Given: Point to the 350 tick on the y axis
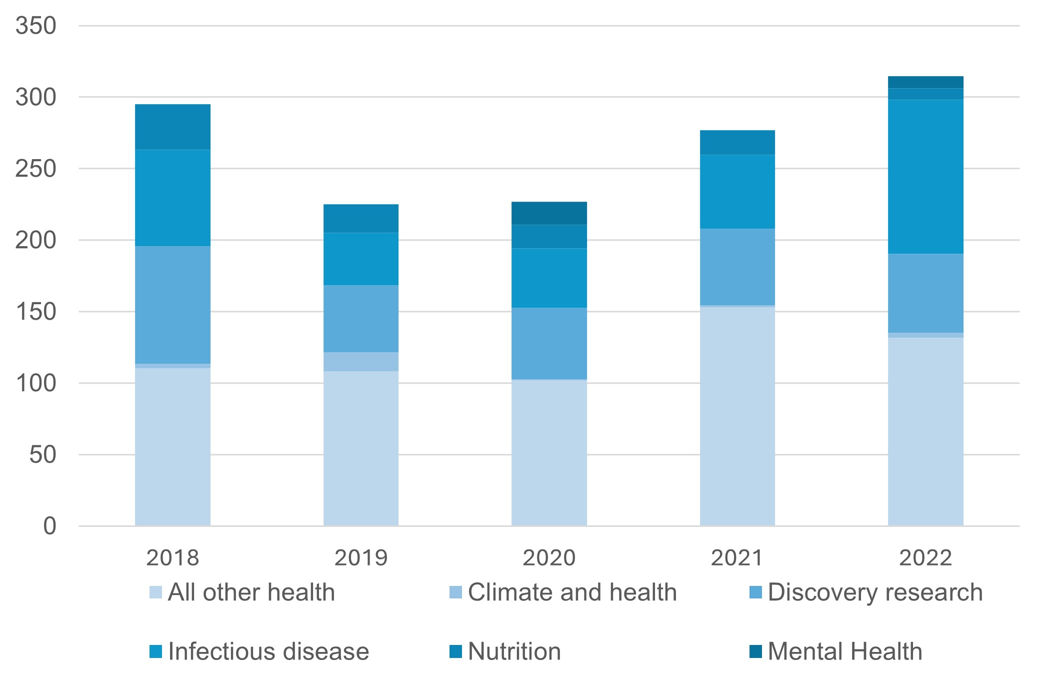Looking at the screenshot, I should [35, 26].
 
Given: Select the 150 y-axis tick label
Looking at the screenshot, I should [35, 312].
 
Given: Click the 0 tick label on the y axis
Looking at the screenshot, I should [49, 526].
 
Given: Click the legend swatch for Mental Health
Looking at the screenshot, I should [755, 652].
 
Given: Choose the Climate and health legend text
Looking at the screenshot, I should [572, 592].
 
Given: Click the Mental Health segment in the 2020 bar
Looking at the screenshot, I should [549, 213].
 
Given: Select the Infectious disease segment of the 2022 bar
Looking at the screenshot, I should [925, 177].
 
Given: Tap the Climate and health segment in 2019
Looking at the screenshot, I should [361, 362].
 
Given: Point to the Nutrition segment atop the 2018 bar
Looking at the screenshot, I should [172, 127].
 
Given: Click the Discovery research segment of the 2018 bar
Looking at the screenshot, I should [172, 305].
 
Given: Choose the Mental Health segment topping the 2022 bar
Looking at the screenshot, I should [925, 82].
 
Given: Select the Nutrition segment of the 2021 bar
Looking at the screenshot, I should [737, 143].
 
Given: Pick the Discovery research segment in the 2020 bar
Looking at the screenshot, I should [549, 343].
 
